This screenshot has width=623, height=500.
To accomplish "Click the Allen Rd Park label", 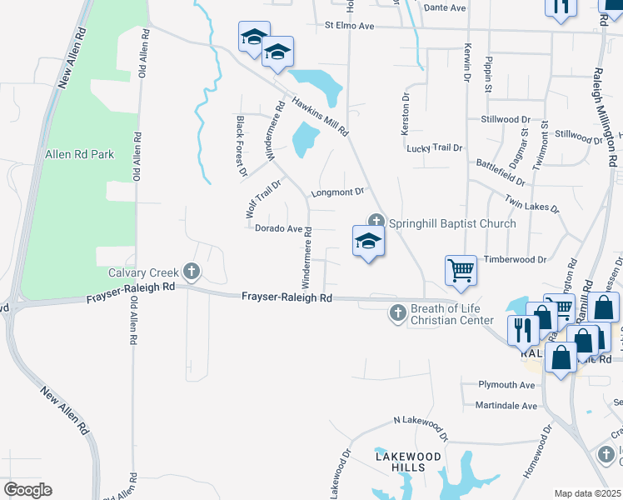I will click(x=79, y=154).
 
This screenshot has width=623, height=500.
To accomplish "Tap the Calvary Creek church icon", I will click(x=192, y=272).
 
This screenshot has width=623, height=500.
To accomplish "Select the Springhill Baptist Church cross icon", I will click(x=376, y=222).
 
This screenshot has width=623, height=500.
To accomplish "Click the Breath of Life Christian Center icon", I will click(x=398, y=313).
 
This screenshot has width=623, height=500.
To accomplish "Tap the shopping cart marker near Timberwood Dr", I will click(x=461, y=271).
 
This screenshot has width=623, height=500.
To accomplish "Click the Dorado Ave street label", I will click(x=278, y=228).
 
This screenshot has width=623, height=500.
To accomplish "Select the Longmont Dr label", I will click(x=338, y=192).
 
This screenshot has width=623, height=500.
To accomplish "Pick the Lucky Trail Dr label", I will click(x=434, y=148).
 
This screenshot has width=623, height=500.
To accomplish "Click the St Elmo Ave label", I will click(x=350, y=27).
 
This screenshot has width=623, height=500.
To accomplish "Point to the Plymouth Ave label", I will click(x=506, y=385).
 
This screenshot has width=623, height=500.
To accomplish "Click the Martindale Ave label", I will click(x=507, y=406).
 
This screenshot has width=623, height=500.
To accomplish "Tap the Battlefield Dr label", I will click(x=500, y=172).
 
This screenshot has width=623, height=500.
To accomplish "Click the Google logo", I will click(x=27, y=490).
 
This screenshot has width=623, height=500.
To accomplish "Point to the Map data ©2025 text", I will click(x=587, y=493).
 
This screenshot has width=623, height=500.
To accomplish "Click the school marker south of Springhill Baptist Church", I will click(x=368, y=242).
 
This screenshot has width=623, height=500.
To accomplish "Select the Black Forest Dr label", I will click(x=241, y=147).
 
